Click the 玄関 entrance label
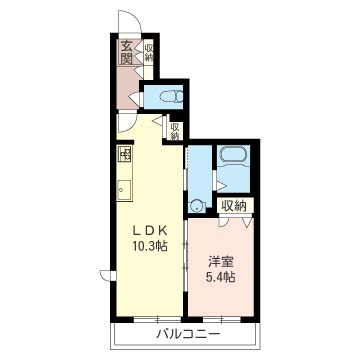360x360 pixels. tap(127, 52)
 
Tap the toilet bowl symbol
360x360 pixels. tap(171, 97)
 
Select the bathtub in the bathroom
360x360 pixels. tap(233, 156)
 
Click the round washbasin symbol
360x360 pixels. tap(197, 206)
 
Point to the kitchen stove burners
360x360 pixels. tap(125, 154)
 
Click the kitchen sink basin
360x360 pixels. tap(125, 190)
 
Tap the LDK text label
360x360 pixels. tap(149, 230)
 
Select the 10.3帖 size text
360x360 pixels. tap(149, 246)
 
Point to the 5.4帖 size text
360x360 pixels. tap(221, 277)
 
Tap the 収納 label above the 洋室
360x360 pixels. tap(235, 206)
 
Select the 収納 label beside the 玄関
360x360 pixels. tap(148, 52)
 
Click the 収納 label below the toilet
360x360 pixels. tap(175, 131)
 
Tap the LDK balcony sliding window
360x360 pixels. tap(157, 319)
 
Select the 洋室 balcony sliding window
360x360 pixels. tap(221, 319)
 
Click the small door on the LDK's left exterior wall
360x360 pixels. tap(107, 275)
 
